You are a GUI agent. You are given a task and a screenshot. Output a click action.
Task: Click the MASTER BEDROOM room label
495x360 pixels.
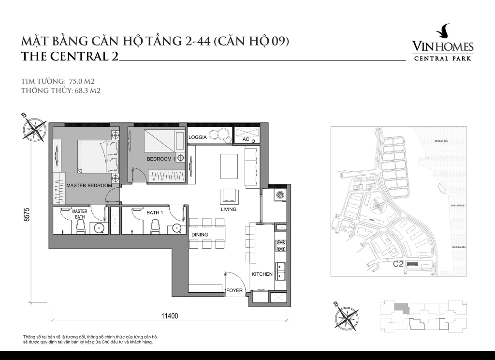(x=89, y=185)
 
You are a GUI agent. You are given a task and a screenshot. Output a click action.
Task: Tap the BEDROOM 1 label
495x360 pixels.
(x=161, y=159)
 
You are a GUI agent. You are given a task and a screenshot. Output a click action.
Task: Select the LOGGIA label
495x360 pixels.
(x=198, y=137)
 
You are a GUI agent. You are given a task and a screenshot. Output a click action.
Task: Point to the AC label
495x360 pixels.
(x=245, y=139)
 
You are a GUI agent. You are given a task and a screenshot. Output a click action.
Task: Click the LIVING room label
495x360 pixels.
(x=229, y=210)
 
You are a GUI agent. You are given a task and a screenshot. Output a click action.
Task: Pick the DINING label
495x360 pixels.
(x=199, y=235)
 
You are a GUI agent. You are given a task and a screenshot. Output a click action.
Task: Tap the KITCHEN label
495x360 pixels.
(x=262, y=274)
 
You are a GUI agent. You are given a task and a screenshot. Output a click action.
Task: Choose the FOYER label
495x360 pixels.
(x=234, y=290)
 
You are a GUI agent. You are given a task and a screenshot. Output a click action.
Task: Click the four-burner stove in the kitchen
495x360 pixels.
(x=280, y=246)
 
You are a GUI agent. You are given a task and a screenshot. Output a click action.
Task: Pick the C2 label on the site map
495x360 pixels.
(x=398, y=264)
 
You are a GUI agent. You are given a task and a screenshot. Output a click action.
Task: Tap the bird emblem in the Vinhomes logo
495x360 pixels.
(x=443, y=32)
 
